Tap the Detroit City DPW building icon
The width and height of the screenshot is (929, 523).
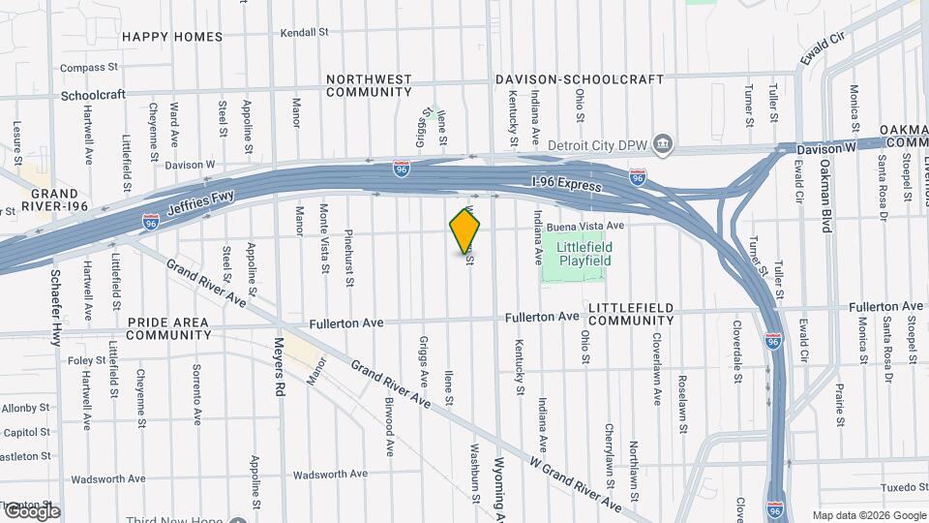tap(663, 145)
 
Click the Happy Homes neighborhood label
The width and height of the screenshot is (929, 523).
tap(172, 37)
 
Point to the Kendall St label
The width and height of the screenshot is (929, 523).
tap(305, 32)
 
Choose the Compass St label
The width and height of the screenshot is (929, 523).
tap(88, 68)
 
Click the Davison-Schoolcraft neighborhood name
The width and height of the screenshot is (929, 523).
tap(580, 79)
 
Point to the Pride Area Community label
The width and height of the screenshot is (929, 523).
tap(168, 328)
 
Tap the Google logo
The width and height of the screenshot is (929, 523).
tap(31, 511)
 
